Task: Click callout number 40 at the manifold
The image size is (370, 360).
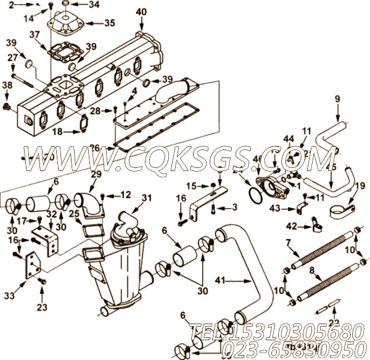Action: (x=141, y=11)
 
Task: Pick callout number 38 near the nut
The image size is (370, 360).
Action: (x=7, y=85)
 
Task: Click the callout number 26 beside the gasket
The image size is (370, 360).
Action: (x=93, y=147)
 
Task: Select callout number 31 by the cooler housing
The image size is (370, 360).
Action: (x=146, y=198)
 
